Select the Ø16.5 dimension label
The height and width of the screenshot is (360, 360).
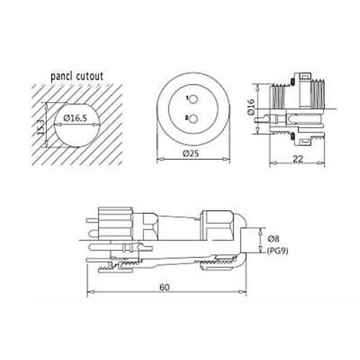click(x=76, y=117)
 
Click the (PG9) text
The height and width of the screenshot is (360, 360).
click(x=278, y=251)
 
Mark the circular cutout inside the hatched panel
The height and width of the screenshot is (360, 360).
click(x=75, y=122)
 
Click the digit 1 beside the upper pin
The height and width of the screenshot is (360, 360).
click(x=186, y=97)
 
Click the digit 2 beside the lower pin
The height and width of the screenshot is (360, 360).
click(x=186, y=117)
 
